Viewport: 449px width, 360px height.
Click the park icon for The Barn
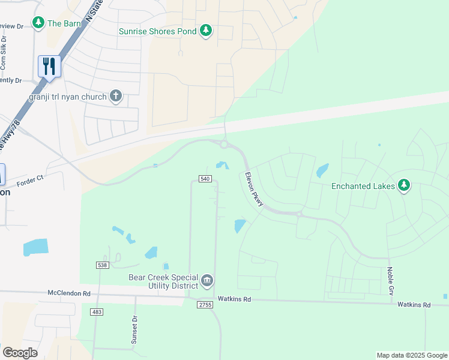click(x=38, y=23)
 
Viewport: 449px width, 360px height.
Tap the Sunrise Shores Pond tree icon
click(x=206, y=31)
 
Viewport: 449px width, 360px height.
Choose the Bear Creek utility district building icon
click(x=207, y=280)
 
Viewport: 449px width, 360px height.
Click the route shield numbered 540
click(x=205, y=179)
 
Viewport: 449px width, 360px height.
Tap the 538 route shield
click(x=101, y=265)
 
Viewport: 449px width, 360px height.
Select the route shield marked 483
click(x=97, y=312)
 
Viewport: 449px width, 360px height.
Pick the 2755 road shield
click(x=205, y=305)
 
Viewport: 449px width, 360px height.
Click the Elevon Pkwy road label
click(x=254, y=190)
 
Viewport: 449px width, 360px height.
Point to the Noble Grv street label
click(x=390, y=280)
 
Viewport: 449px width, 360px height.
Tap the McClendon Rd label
click(x=69, y=294)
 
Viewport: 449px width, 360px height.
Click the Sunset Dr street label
click(x=134, y=330)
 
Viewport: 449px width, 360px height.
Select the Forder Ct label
click(x=31, y=180)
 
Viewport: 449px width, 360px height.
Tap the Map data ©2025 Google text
click(x=411, y=355)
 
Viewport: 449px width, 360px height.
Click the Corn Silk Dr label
click(x=4, y=54)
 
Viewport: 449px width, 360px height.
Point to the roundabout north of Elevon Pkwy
click(x=224, y=145)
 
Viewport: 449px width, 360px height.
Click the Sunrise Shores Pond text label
click(x=157, y=31)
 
